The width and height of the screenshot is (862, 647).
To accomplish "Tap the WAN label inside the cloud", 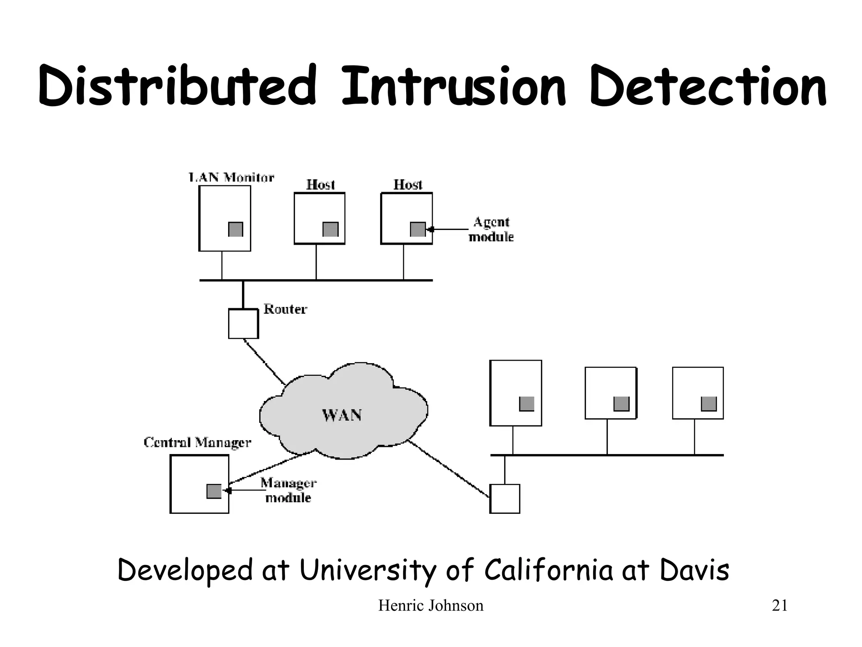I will point(342,415).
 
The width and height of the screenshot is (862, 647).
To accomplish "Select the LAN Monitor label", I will point(231,177).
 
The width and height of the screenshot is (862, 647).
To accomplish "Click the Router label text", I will point(285,309).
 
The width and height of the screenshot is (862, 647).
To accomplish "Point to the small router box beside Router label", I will point(243,323).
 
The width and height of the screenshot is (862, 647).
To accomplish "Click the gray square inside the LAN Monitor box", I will point(236,229).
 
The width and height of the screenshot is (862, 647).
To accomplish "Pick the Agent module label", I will point(491,230).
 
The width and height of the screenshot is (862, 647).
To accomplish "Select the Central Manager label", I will point(197,442).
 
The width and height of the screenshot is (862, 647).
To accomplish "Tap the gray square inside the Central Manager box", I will point(214,491).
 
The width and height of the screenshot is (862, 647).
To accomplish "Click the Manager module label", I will point(288,490).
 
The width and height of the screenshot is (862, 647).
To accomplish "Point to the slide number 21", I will point(780,606).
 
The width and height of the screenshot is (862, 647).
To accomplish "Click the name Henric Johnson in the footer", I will point(431,606).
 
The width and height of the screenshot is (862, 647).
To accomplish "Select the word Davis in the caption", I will point(694,570).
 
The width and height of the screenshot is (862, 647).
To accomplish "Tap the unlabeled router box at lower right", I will point(505,499).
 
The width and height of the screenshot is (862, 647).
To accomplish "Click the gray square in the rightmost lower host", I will point(709,404).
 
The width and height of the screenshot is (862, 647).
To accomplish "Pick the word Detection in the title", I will point(708,86).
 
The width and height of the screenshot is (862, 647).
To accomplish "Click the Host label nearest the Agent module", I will point(407,184).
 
